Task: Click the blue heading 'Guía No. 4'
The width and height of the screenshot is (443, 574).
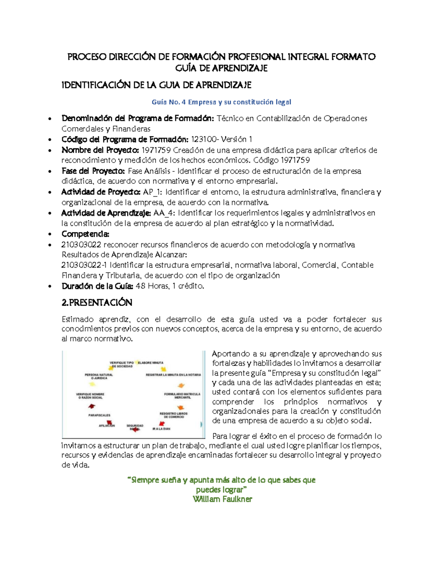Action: pyautogui.click(x=168, y=102)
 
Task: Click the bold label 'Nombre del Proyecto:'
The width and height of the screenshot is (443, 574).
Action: pyautogui.click(x=100, y=150)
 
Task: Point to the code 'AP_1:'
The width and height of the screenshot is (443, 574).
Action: pyautogui.click(x=152, y=192)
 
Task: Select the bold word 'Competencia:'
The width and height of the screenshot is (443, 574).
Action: pyautogui.click(x=85, y=234)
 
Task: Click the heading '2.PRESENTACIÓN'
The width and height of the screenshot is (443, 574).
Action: pyautogui.click(x=97, y=302)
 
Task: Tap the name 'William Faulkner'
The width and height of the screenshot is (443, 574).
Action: pyautogui.click(x=222, y=499)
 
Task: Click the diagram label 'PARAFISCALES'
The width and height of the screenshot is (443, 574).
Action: pyautogui.click(x=99, y=415)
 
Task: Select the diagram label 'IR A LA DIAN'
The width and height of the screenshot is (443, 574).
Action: pyautogui.click(x=161, y=429)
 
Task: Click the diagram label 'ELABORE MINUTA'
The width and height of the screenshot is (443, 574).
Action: pyautogui.click(x=151, y=363)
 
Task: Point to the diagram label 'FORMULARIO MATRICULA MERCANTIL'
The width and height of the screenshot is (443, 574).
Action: pyautogui.click(x=182, y=395)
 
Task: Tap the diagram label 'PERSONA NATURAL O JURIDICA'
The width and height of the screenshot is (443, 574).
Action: pyautogui.click(x=99, y=376)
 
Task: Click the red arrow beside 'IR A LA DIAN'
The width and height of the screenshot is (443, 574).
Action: pyautogui.click(x=161, y=424)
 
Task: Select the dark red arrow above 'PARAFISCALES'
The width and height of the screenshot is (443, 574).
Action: pyautogui.click(x=92, y=406)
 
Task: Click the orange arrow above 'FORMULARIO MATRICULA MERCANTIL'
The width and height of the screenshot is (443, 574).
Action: pyautogui.click(x=181, y=386)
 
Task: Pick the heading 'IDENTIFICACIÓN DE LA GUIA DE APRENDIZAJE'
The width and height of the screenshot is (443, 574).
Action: pyautogui.click(x=156, y=85)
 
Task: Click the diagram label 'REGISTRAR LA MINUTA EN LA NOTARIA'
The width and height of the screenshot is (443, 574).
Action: pyautogui.click(x=173, y=375)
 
